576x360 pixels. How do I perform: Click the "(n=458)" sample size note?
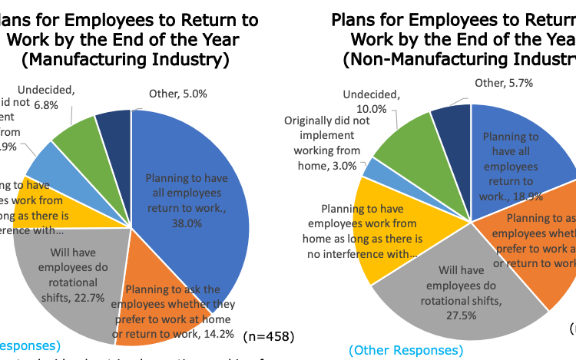pyautogui.click(x=268, y=336)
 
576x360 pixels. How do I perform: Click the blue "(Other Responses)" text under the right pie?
pyautogui.click(x=406, y=351)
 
